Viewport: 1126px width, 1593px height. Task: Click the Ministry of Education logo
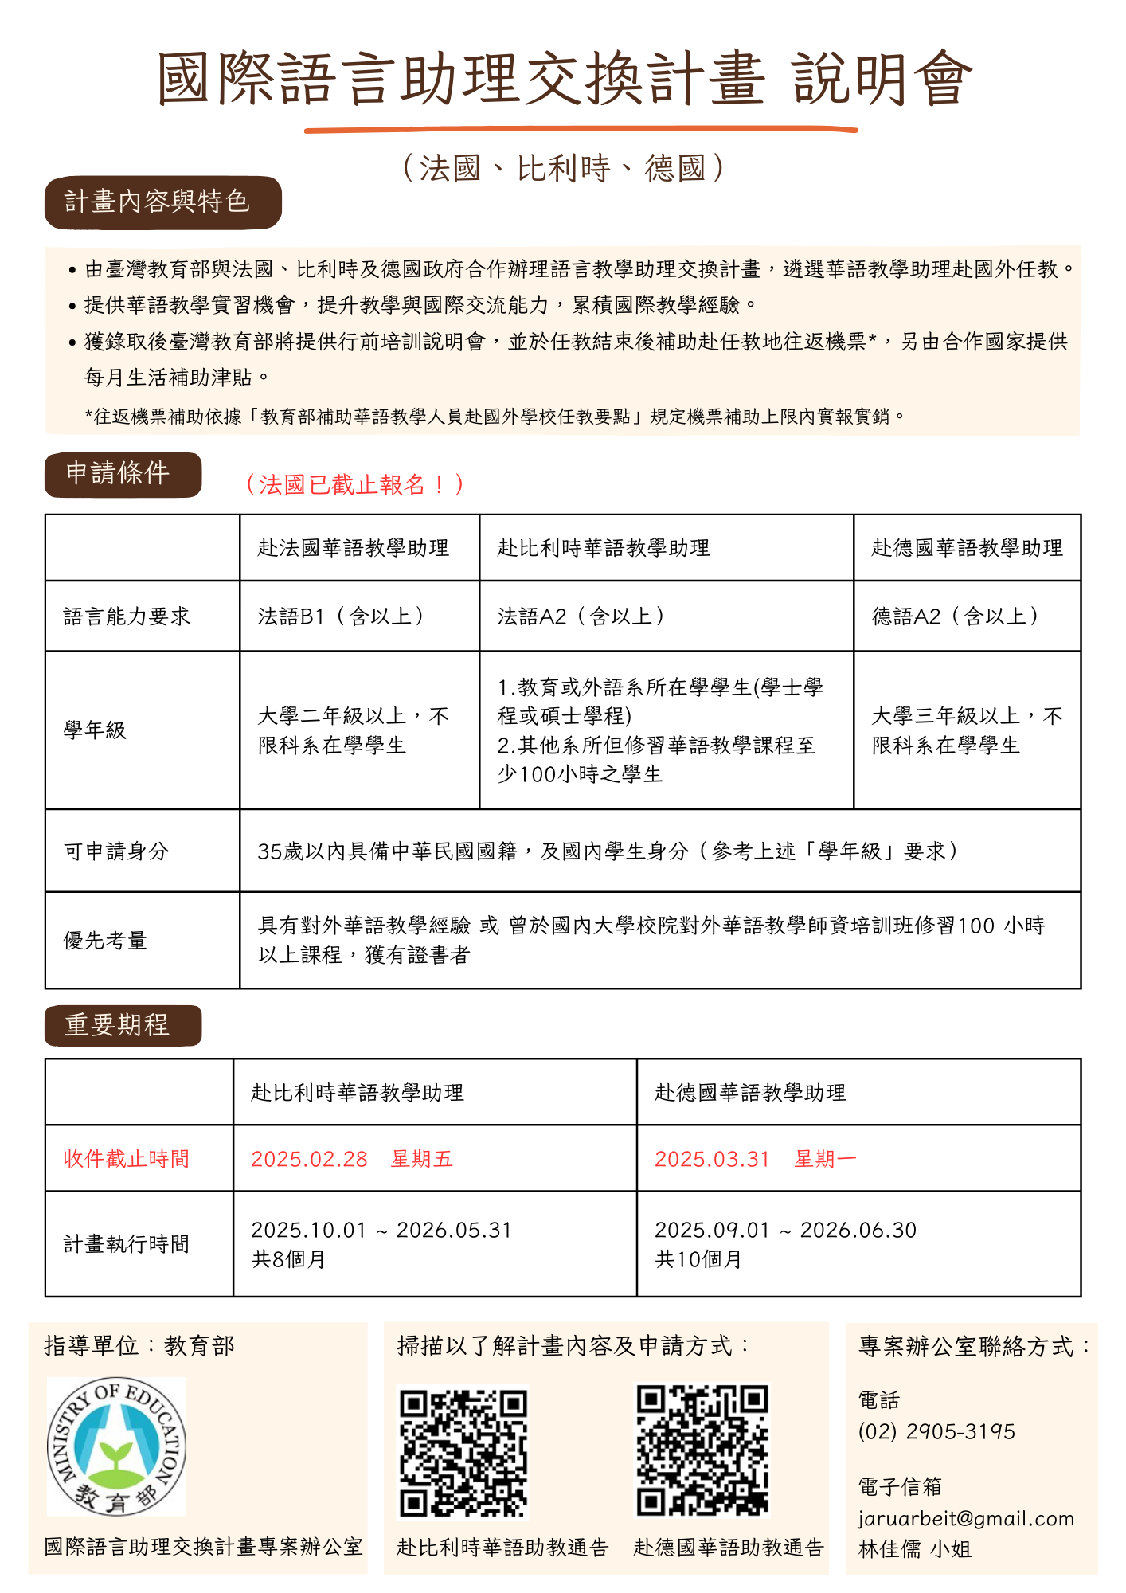(x=116, y=1446)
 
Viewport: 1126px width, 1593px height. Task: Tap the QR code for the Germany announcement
(x=702, y=1450)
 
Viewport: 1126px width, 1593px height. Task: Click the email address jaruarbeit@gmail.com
(x=966, y=1518)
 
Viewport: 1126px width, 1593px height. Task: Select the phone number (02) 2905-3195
(x=936, y=1431)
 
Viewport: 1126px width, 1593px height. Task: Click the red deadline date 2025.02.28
(x=309, y=1159)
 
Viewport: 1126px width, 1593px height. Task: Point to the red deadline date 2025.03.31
(x=712, y=1159)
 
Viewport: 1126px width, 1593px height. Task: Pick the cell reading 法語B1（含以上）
(x=342, y=616)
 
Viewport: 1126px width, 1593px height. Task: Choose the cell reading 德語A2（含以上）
(x=956, y=616)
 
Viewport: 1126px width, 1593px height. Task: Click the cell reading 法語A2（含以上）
(x=582, y=616)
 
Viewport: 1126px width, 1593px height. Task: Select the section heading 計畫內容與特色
(x=158, y=202)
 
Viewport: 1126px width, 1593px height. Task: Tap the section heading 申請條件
(x=118, y=474)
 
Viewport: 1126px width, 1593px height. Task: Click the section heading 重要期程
(x=118, y=1025)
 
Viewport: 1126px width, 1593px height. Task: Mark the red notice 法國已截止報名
(x=354, y=484)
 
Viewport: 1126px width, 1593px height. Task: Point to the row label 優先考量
(x=105, y=941)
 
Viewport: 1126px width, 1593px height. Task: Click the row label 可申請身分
(x=116, y=851)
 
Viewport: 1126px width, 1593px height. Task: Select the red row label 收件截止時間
(x=127, y=1159)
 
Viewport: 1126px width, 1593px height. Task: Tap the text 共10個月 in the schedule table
(x=698, y=1259)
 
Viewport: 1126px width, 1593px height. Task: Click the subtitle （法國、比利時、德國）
(x=563, y=169)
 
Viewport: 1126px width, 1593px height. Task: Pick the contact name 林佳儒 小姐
(x=914, y=1549)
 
